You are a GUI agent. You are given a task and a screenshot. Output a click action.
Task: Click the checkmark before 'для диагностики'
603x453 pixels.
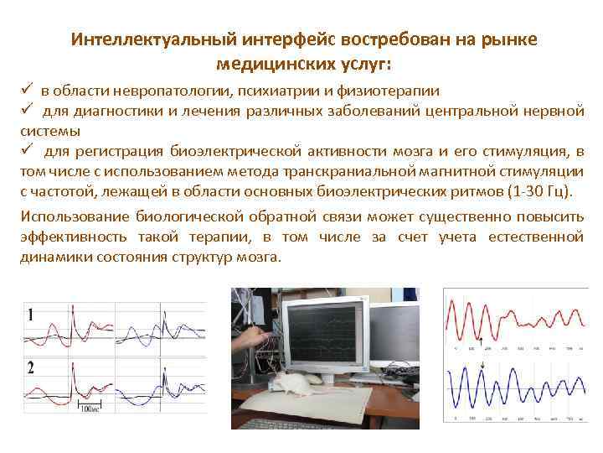pyautogui.click(x=27, y=111)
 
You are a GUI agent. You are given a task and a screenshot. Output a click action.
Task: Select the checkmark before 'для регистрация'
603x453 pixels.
pyautogui.click(x=27, y=151)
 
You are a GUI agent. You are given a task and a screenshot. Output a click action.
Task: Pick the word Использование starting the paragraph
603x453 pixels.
pyautogui.click(x=70, y=216)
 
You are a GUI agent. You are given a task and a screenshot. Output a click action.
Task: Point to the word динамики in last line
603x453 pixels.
pyautogui.click(x=50, y=258)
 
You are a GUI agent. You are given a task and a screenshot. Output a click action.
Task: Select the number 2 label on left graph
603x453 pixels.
pyautogui.click(x=31, y=367)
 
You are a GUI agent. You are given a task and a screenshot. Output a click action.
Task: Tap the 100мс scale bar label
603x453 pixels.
pyautogui.click(x=89, y=409)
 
